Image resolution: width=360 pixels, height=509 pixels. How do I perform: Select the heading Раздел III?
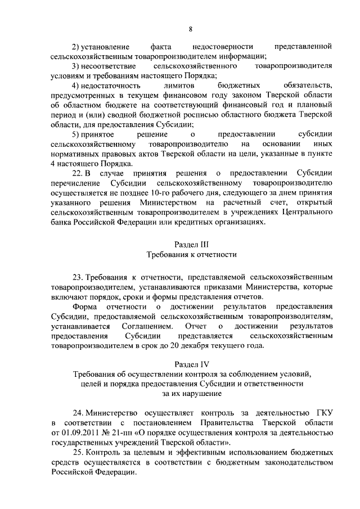pyautogui.click(x=191, y=245)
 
